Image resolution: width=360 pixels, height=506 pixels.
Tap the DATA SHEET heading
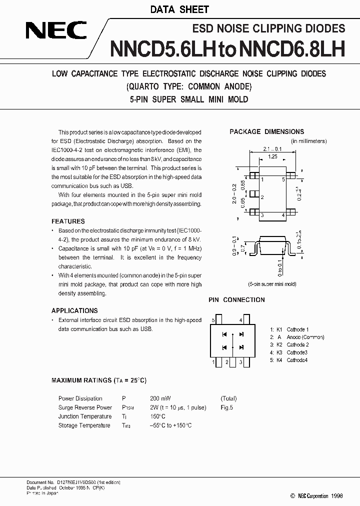click(x=179, y=9)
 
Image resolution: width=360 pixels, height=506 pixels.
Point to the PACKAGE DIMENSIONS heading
click(x=266, y=132)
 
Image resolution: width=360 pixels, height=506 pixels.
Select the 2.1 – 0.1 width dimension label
click(x=273, y=148)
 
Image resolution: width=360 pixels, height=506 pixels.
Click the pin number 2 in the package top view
click(x=262, y=197)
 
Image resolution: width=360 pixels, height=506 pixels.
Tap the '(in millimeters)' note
click(x=308, y=141)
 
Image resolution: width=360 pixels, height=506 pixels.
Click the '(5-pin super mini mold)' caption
click(x=272, y=284)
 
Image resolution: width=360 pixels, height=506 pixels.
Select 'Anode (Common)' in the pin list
click(x=305, y=337)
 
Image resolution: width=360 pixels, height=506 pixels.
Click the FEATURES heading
click(x=68, y=221)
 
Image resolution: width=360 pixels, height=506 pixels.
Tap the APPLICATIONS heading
click(x=74, y=310)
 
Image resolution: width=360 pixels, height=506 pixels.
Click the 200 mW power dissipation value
click(x=160, y=398)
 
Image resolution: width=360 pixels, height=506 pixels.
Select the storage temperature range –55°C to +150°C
click(x=170, y=425)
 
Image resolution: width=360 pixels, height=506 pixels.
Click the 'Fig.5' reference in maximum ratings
click(x=227, y=407)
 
